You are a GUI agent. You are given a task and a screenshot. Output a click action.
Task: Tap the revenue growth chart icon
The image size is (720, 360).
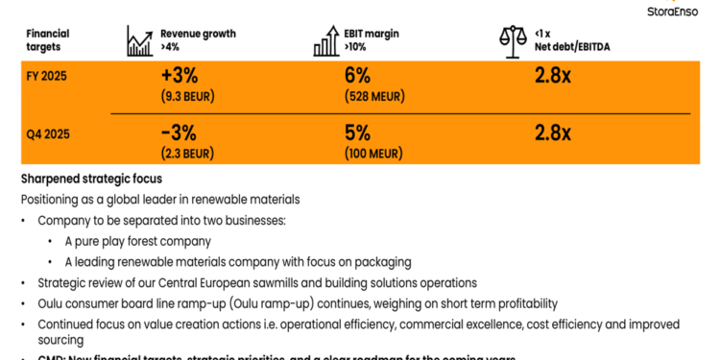coord(140,39)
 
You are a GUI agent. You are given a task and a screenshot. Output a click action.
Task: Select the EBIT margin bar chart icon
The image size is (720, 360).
coord(325,39)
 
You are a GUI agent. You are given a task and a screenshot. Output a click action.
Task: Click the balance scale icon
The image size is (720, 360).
coord(514,39)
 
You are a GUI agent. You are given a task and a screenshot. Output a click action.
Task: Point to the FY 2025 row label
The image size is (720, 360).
coord(46,74)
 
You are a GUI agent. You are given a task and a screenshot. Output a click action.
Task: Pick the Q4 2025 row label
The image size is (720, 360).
coord(47,134)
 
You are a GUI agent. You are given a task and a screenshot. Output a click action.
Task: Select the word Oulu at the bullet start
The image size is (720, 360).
coord(51,303)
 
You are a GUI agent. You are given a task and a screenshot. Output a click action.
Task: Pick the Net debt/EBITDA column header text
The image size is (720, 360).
coord(574,46)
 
